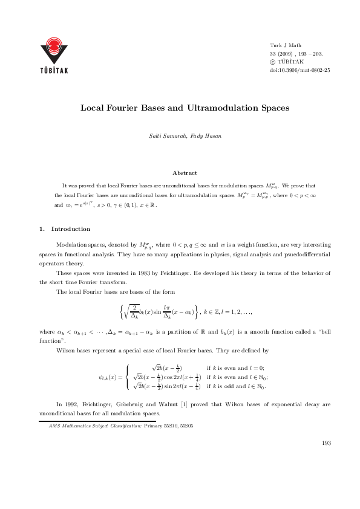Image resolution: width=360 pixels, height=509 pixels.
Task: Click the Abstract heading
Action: click(x=185, y=173)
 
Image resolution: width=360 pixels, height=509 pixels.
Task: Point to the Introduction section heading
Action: click(x=71, y=229)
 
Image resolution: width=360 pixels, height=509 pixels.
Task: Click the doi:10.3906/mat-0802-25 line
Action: click(x=299, y=70)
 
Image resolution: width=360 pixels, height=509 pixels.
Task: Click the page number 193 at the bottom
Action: click(x=326, y=443)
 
